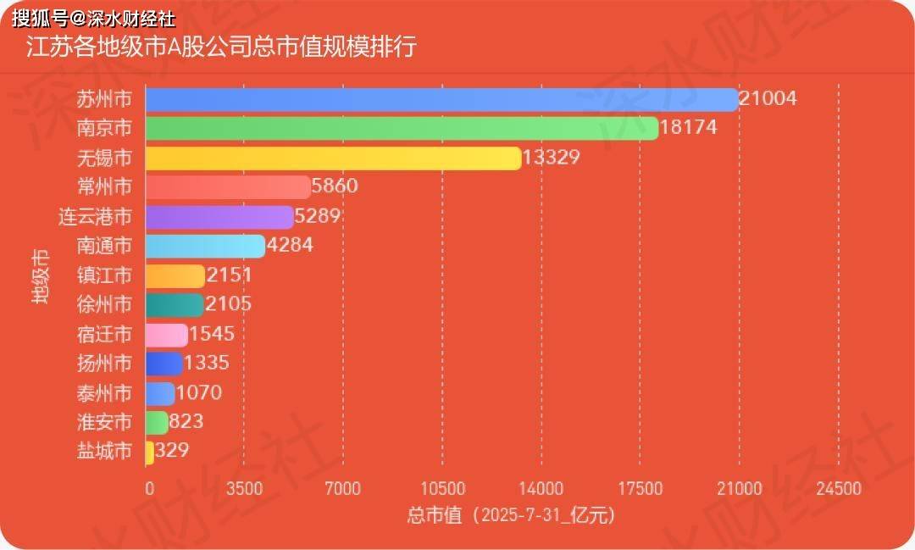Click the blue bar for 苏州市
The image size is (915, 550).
coord(441,99)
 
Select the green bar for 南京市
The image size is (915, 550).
coord(402,129)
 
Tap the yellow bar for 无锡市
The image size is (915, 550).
coord(333,158)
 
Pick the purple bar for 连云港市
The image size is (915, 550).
coord(219,217)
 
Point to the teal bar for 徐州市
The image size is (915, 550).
coord(175,305)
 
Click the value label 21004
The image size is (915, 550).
coord(768,98)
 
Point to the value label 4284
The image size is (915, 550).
coord(290,246)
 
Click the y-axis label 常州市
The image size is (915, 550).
coord(104,187)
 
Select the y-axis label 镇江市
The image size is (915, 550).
coord(104,276)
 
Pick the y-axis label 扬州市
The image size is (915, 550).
coord(104,364)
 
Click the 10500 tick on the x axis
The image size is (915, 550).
coord(442,489)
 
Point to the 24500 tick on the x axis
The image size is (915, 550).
coord(839,489)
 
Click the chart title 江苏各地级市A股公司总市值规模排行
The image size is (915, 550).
coord(221,47)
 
